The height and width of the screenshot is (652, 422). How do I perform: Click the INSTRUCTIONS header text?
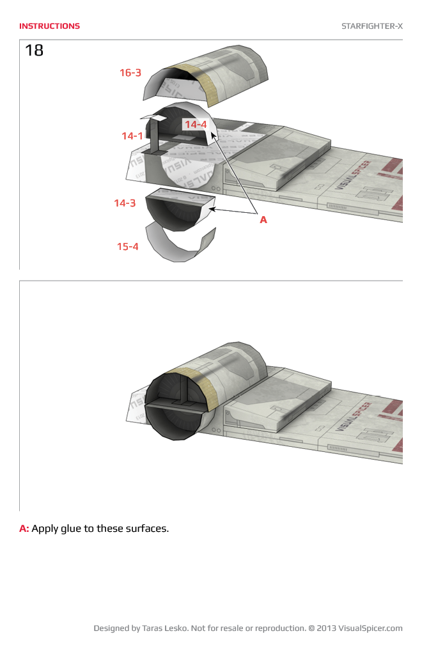49,26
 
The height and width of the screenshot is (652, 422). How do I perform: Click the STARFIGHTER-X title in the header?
371,26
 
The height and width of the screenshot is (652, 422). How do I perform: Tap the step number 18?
34,50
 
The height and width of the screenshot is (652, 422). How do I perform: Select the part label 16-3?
130,73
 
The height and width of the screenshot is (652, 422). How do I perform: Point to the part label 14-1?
132,136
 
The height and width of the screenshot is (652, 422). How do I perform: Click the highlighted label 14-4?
196,124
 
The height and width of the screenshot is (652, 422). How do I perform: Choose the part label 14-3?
125,203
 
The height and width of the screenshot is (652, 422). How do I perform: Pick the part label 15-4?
127,246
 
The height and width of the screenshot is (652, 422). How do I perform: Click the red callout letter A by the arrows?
263,219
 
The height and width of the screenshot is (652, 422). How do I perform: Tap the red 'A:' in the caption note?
24,529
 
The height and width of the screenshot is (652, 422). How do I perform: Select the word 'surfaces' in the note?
145,529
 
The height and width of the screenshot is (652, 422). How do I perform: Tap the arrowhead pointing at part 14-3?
213,208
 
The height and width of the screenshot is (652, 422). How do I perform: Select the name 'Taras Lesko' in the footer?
164,628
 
